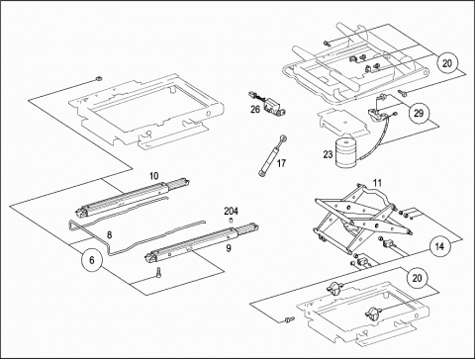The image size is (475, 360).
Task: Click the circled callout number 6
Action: (x=92, y=260)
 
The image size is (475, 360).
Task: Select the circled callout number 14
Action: (x=439, y=246)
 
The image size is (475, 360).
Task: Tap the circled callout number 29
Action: (x=419, y=113)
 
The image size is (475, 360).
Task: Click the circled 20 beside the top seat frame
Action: (x=447, y=62)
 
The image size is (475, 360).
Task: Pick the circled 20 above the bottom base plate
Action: (x=417, y=278)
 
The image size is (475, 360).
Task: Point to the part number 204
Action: (x=231, y=211)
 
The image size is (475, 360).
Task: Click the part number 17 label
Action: (x=281, y=163)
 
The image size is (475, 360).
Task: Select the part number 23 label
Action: (x=328, y=154)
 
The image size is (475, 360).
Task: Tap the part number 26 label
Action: (x=255, y=109)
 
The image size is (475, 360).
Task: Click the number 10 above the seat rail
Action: (x=153, y=176)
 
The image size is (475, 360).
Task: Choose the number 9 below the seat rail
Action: (x=229, y=248)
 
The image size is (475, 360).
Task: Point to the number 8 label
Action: (x=109, y=234)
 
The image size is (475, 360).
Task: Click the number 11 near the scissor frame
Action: (x=377, y=183)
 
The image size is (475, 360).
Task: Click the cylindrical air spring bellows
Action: (x=346, y=153)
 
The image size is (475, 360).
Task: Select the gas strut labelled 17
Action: (x=272, y=155)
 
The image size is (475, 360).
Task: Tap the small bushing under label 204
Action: (x=231, y=221)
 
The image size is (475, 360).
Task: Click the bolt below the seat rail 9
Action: (x=159, y=273)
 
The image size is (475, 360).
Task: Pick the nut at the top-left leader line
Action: (x=97, y=78)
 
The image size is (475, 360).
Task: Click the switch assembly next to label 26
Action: (x=268, y=104)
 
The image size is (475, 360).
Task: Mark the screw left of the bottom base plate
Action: (x=290, y=319)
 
